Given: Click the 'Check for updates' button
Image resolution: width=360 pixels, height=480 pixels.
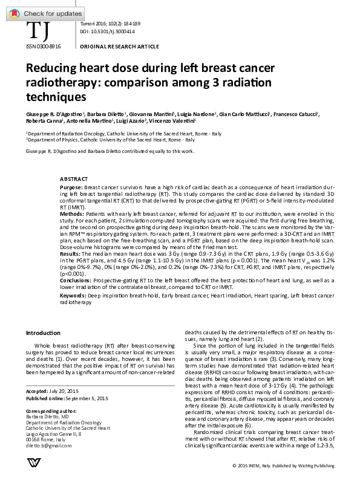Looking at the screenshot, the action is tap(42, 13).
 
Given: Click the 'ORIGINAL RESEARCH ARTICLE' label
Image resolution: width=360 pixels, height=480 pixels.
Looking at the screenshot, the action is tap(119, 47).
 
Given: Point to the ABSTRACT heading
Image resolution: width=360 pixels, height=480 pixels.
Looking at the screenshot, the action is tap(74, 180).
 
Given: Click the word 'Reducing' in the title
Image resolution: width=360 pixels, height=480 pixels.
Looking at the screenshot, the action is tap(53, 70).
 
